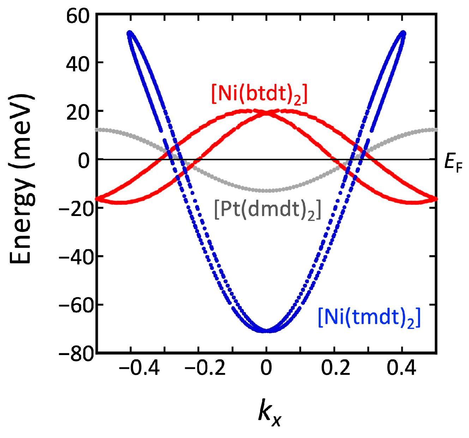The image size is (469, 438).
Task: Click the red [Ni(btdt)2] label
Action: pyautogui.click(x=259, y=94)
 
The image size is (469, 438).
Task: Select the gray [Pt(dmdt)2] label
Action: pyautogui.click(x=267, y=210)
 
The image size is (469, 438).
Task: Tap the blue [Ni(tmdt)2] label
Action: pyautogui.click(x=369, y=318)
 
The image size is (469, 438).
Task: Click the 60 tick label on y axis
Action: pyautogui.click(x=79, y=17)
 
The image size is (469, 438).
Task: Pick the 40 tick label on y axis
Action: pyautogui.click(x=79, y=65)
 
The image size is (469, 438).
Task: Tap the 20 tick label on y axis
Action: pyautogui.click(x=79, y=113)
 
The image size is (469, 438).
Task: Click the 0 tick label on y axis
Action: pyautogui.click(x=84, y=161)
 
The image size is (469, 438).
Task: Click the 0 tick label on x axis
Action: pyautogui.click(x=266, y=368)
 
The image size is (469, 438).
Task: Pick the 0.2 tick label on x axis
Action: pyautogui.click(x=335, y=368)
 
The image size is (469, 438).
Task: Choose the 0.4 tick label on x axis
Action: pyautogui.click(x=402, y=368)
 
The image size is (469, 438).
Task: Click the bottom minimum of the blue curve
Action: pyautogui.click(x=267, y=331)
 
